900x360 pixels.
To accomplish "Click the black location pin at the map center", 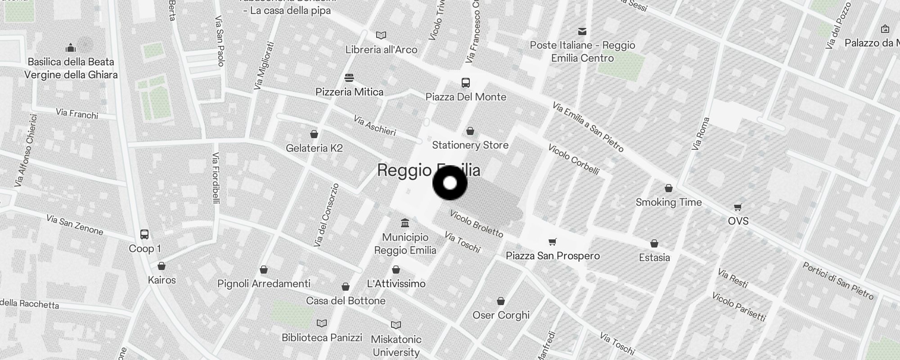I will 450,183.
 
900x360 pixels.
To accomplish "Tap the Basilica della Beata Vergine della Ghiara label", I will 71,68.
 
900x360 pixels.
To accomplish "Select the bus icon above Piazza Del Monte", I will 466,83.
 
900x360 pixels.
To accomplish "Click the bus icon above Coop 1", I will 144,234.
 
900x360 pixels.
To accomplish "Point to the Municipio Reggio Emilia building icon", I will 405,223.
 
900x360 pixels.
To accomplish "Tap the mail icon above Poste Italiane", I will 582,31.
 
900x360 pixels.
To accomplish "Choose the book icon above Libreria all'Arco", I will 381,35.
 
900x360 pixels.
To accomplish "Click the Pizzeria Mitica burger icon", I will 349,78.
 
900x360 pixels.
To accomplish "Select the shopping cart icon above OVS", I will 738,207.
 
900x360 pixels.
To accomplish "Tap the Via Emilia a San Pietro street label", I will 588,127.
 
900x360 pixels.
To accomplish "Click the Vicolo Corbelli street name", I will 573,159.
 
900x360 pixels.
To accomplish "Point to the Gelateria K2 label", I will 314,148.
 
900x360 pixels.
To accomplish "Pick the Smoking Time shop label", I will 669,202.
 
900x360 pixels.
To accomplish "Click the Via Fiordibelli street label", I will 216,178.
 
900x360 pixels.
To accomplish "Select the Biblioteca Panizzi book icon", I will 322,324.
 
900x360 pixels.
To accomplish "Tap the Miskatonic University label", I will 396,346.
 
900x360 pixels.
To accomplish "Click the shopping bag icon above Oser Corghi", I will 501,301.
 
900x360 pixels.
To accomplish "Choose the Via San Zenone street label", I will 75,225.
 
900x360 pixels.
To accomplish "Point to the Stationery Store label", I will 470,145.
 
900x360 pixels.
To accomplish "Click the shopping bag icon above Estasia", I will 654,243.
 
